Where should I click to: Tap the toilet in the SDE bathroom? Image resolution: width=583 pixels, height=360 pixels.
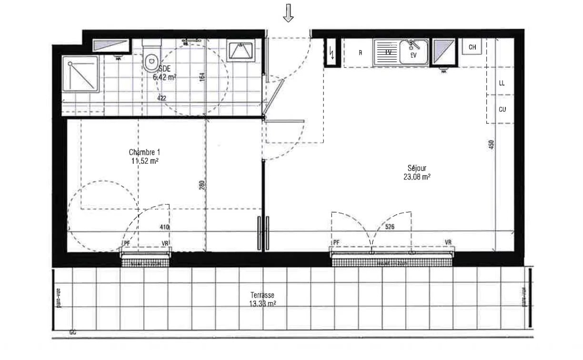(x=152, y=59)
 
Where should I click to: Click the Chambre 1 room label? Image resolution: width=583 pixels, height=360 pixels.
(x=144, y=152)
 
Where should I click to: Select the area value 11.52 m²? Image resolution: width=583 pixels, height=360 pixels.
(x=145, y=161)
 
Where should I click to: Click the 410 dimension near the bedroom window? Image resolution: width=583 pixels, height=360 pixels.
(x=165, y=228)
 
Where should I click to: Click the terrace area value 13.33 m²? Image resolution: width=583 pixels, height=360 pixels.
(x=262, y=303)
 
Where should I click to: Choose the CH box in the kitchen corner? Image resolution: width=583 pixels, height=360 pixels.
(x=472, y=47)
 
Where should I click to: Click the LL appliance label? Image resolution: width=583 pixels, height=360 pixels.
(x=502, y=83)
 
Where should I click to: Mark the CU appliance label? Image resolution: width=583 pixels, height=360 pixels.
(x=502, y=109)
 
